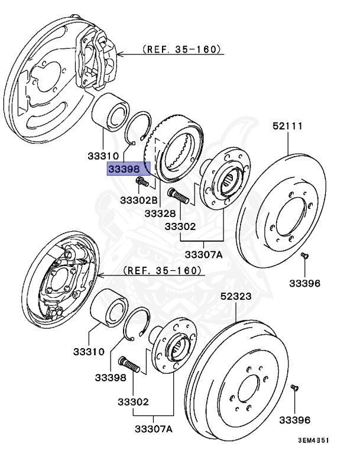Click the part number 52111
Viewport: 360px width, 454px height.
288,126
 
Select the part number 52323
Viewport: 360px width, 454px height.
236,296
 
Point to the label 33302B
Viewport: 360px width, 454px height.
139,200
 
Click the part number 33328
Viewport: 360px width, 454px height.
161,212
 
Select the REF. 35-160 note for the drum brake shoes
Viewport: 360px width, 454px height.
163,270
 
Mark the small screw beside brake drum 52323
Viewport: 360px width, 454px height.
294,388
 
